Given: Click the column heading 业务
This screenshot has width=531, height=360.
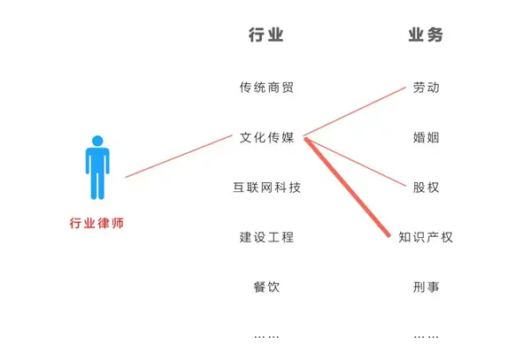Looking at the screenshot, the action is (x=426, y=36).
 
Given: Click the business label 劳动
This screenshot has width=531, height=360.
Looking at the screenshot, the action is (x=426, y=88).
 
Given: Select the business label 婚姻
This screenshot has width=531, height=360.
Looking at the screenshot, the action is (x=426, y=138).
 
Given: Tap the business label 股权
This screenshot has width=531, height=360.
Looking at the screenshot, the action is (x=426, y=188).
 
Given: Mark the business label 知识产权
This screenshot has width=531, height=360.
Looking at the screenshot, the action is (x=426, y=237).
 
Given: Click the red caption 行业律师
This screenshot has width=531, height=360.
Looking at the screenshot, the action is (x=97, y=223).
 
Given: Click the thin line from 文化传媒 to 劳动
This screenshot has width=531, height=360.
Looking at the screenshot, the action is (x=354, y=112).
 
